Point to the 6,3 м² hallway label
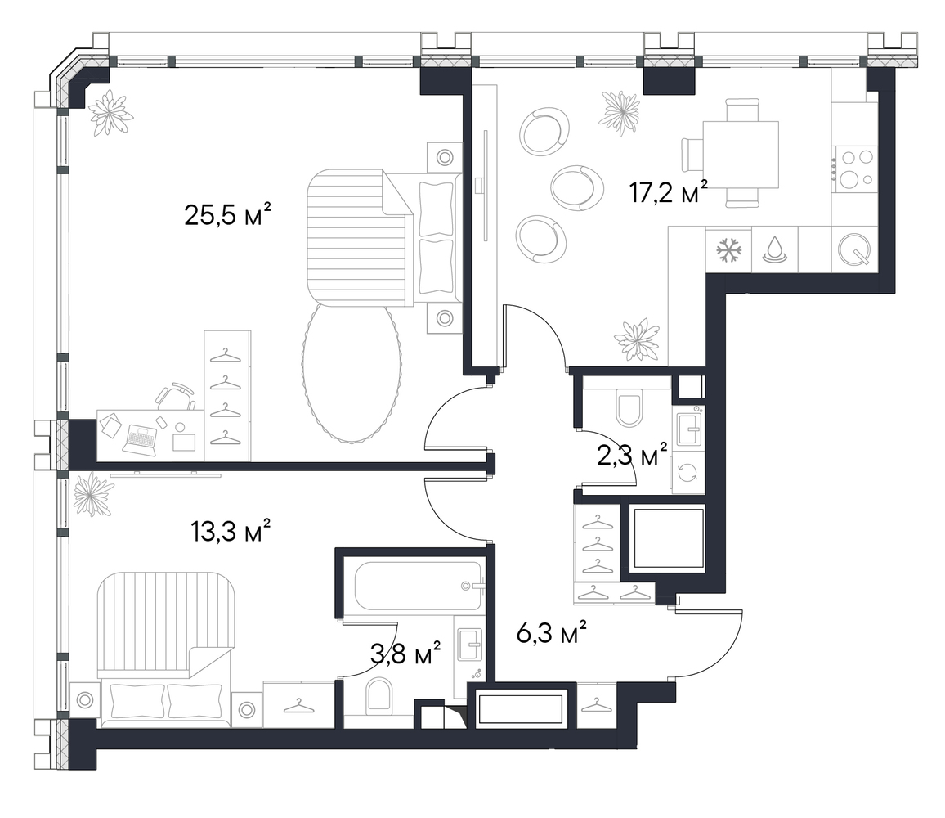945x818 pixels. pyautogui.click(x=552, y=633)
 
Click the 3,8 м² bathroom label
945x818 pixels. pyautogui.click(x=405, y=654)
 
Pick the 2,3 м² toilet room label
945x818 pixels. pyautogui.click(x=632, y=455)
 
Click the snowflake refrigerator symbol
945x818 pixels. pyautogui.click(x=728, y=249)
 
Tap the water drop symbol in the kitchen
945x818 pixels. pyautogui.click(x=774, y=249)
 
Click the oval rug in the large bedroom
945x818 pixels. pyautogui.click(x=352, y=372)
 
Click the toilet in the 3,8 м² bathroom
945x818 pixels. pyautogui.click(x=379, y=695)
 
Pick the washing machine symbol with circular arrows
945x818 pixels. pyautogui.click(x=687, y=472)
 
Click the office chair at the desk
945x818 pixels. pyautogui.click(x=175, y=396)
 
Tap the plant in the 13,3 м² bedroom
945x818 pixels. pyautogui.click(x=92, y=494)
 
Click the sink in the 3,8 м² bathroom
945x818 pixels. pyautogui.click(x=471, y=644)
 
